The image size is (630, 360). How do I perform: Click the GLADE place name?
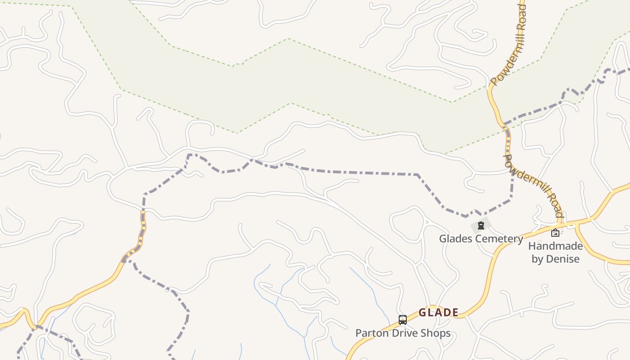pos(438,312)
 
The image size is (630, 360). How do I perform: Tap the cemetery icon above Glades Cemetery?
pos(481,225)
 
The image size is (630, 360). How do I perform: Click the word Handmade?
pos(555,246)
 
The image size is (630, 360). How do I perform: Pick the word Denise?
pos(562,259)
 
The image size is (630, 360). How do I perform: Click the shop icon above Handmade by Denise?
pos(555,233)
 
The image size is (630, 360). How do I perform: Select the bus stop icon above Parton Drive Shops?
pos(403,320)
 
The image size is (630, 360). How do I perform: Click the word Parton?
pos(370,333)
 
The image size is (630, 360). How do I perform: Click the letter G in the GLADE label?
pos(422,312)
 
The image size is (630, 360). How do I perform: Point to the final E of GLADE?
pos(455,312)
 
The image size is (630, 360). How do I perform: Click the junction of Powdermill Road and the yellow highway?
pos(559,223)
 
